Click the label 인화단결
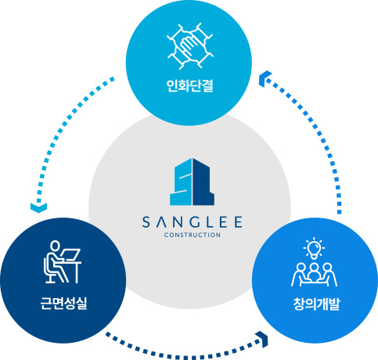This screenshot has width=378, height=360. click(189, 85)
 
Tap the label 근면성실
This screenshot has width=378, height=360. click(63, 304)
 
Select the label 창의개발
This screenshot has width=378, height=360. click(316, 304)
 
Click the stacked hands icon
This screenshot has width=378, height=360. click(190, 46)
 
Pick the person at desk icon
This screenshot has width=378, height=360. click(63, 262)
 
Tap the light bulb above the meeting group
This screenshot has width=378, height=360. click(314, 248)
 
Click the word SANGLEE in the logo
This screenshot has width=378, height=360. click(193, 222)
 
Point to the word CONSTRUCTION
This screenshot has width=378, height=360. click(193, 235)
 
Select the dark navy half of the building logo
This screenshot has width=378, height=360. click(203, 182)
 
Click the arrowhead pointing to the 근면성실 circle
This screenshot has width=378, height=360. click(38, 207)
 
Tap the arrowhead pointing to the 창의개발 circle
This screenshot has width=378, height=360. click(263, 340)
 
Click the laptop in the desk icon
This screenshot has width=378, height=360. click(71, 254)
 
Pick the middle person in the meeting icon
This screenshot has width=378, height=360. click(314, 272)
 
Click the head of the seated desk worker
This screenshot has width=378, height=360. click(55, 246)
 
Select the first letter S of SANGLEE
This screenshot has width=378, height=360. click(146, 222)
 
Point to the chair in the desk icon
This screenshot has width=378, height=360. click(49, 270)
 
